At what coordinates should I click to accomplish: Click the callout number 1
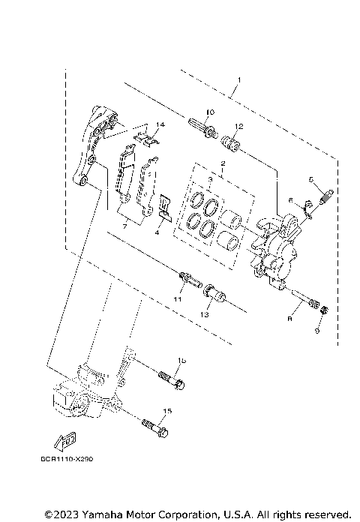(238, 79)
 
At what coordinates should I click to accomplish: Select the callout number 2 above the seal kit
(223, 163)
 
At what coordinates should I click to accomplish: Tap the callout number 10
(209, 112)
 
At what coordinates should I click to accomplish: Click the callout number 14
(160, 124)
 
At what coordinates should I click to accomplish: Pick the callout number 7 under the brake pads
(125, 225)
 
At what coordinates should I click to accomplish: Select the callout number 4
(157, 233)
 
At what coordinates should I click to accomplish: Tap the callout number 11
(178, 299)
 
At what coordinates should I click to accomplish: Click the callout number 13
(205, 316)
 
